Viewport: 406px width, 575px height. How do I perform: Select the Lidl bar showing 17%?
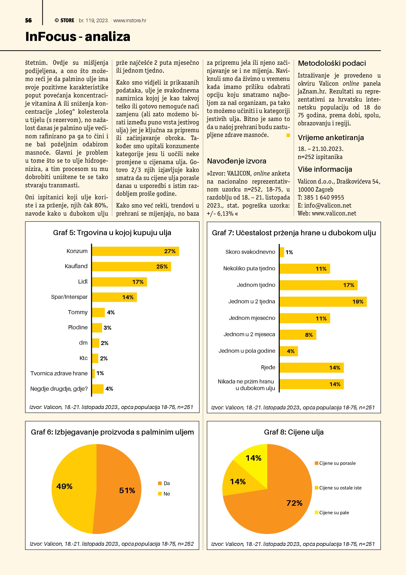click(119, 282)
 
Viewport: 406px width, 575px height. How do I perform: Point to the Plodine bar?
click(97, 328)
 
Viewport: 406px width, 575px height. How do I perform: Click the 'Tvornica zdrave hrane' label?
click(59, 373)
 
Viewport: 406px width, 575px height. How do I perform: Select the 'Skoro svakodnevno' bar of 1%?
click(282, 252)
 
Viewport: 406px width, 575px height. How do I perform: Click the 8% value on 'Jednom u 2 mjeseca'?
click(309, 335)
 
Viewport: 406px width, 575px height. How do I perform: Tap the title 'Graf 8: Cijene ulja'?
click(294, 432)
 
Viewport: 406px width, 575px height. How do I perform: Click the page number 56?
click(28, 20)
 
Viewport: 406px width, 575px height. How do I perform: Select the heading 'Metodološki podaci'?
click(332, 63)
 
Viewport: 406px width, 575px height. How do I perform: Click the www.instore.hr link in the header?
click(130, 20)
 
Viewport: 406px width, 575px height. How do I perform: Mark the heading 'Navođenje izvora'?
click(236, 161)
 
